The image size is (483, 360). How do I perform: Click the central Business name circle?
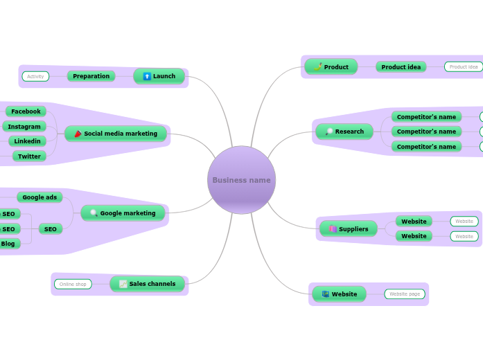pos(241,180)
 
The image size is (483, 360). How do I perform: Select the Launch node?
pos(159,76)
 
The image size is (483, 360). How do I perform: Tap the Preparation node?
pos(91,76)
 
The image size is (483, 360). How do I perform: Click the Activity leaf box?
pos(35,76)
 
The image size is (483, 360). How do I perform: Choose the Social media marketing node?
pos(116,134)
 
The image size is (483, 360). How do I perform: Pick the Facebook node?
pos(26,111)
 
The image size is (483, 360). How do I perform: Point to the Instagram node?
pos(24,127)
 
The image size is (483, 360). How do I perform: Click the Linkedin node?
pos(28,141)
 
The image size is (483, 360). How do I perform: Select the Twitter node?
pos(29,156)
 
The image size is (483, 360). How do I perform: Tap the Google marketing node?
pos(123,213)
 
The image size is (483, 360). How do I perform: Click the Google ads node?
pos(39,197)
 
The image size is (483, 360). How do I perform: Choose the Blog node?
pos(8,244)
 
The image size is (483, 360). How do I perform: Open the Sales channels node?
pos(148,284)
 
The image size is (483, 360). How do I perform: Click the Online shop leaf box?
pos(73,284)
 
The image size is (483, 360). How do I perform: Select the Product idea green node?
pos(401,67)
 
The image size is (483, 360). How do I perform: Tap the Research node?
pos(344,132)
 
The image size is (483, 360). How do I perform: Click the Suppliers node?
pos(349,229)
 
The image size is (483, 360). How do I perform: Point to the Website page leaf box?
pos(405,294)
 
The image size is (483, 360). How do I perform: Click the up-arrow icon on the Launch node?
pos(147,76)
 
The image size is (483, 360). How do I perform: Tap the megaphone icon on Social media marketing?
pos(78,134)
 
